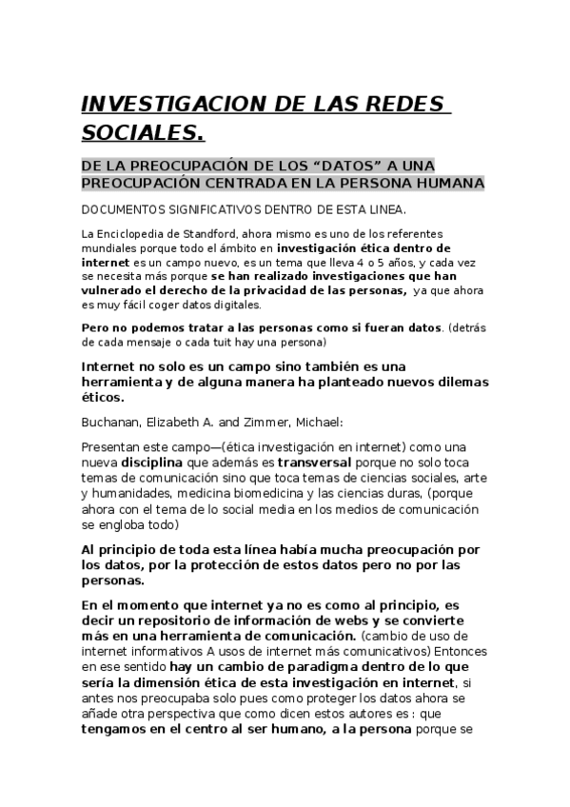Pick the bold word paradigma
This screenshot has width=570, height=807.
click(312, 668)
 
